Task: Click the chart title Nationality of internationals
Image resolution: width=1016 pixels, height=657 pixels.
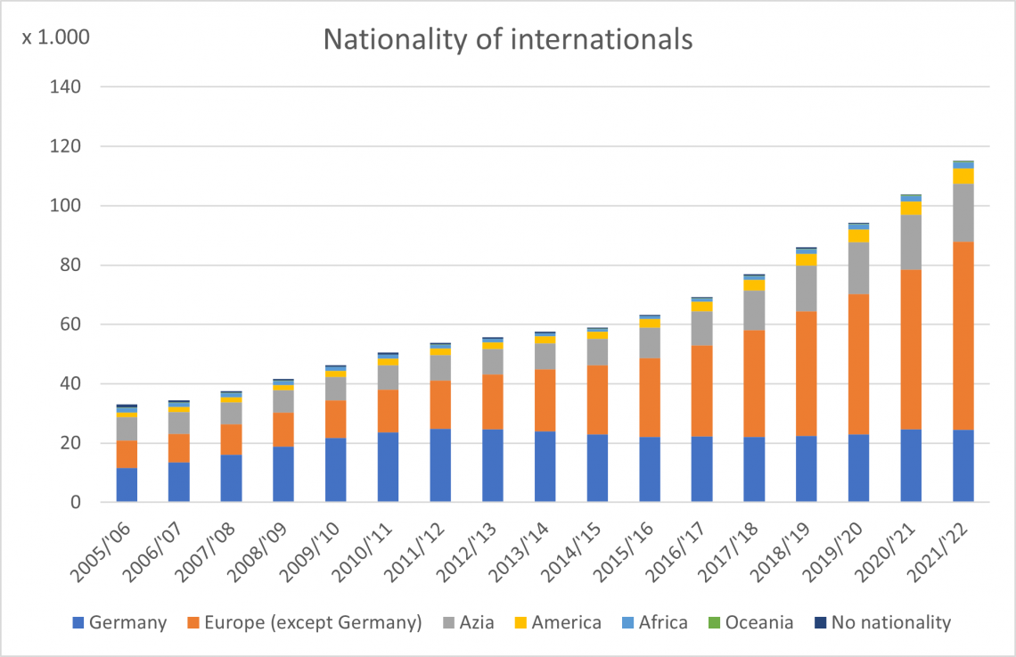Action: click(x=507, y=40)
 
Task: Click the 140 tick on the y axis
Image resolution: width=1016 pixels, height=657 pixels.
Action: click(x=69, y=87)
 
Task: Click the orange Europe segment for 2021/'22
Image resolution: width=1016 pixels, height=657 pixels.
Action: click(x=963, y=335)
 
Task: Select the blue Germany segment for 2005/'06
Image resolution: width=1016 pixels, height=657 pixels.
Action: click(x=127, y=485)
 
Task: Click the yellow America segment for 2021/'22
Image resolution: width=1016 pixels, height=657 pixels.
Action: click(x=963, y=176)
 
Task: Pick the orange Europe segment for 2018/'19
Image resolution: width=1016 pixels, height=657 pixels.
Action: click(x=806, y=374)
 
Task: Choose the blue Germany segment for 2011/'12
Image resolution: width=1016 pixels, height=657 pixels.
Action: click(x=440, y=465)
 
